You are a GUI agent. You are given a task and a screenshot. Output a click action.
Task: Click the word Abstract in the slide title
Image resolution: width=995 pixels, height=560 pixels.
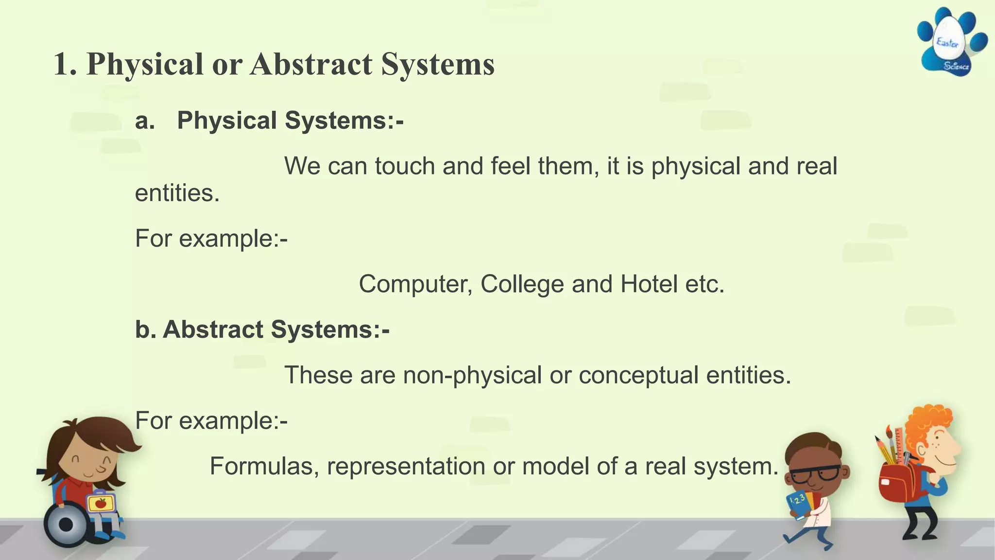tap(311, 64)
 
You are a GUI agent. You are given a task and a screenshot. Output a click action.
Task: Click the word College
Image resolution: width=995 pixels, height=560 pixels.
tap(522, 284)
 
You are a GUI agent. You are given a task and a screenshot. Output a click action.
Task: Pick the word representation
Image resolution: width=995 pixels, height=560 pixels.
tap(406, 466)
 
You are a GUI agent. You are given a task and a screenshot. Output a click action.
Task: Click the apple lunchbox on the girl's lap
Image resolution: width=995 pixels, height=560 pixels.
tap(101, 503)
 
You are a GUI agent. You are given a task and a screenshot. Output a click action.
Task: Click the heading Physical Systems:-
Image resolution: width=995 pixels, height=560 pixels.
tap(290, 120)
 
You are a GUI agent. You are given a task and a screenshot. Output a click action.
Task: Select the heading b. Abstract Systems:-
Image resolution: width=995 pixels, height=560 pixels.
tap(262, 330)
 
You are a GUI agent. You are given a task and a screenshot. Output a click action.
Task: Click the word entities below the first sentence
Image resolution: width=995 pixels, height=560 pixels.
tap(177, 193)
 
